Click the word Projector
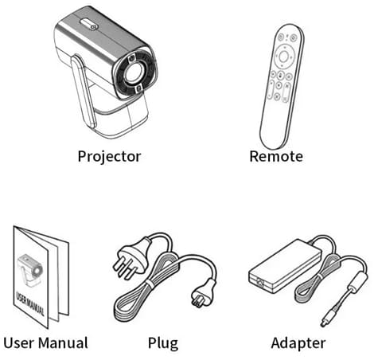tap(109, 156)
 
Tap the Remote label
tap(276, 156)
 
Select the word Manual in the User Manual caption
tap(63, 342)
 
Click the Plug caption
tap(163, 343)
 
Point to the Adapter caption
tap(298, 343)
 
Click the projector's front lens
tap(134, 72)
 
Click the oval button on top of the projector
tap(89, 24)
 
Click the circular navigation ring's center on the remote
tap(283, 57)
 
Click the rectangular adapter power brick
tap(284, 265)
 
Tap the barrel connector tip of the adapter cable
tap(325, 321)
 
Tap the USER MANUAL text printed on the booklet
tap(30, 303)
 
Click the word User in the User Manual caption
tap(19, 342)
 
